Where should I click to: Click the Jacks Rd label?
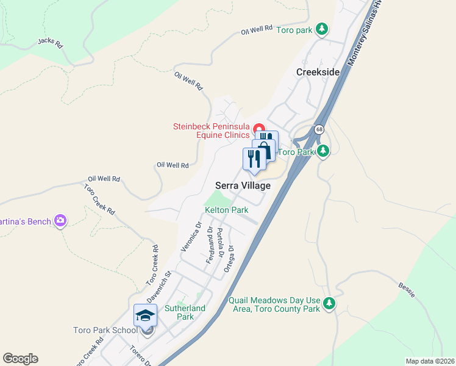(50, 43)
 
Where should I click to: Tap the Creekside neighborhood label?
(318, 72)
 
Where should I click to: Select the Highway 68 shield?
(319, 130)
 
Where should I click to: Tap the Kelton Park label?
(226, 210)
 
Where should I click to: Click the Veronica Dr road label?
(191, 237)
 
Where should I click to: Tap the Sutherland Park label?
(185, 312)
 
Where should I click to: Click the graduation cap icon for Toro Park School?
(145, 315)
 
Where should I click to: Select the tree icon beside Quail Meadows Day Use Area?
(329, 303)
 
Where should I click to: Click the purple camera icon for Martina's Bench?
(60, 220)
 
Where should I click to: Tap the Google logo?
(20, 359)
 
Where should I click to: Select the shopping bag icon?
(264, 150)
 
